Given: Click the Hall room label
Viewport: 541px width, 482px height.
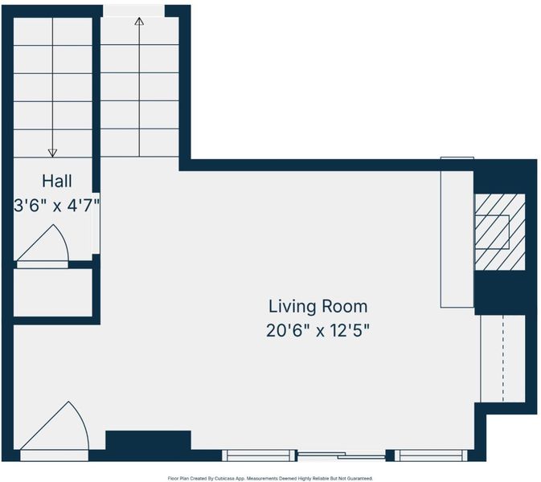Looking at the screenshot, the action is point(57,181).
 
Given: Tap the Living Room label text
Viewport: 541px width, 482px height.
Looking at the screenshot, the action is point(318,307).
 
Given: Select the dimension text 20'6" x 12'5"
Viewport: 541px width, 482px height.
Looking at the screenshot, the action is point(318,331).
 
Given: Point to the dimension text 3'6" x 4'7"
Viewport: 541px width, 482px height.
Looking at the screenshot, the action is point(57,206).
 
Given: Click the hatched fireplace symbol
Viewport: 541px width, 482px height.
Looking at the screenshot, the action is point(500,231).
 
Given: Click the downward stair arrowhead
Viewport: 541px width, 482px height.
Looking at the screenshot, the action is point(52,153).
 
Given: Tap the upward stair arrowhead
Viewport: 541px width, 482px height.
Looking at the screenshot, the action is point(139,22).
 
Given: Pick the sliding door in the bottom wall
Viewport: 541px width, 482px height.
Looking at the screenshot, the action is point(341,455).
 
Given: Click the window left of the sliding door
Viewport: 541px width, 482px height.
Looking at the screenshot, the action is point(259,455).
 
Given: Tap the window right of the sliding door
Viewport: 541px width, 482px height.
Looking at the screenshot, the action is point(432,455).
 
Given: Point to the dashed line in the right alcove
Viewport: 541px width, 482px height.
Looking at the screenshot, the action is point(503,358).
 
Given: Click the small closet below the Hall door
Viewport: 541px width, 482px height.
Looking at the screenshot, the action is point(53,292).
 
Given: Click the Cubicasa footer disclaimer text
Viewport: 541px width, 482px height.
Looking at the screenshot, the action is point(270,479).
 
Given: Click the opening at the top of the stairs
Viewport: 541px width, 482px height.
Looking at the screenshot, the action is point(134,11).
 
